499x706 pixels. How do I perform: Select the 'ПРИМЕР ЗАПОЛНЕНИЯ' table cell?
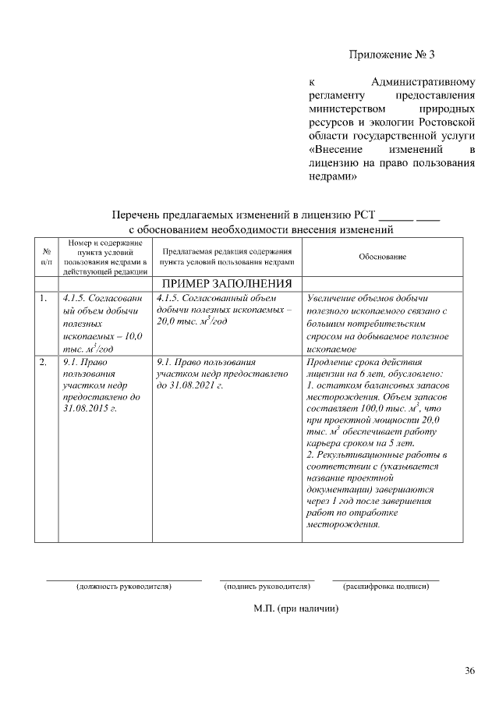(227, 283)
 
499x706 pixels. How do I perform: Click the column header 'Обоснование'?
(382, 257)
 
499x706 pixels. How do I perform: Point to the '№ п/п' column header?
(47, 257)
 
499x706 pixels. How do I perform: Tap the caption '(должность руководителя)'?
(123, 585)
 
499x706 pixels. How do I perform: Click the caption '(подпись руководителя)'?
(267, 585)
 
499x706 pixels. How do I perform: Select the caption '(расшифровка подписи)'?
(386, 585)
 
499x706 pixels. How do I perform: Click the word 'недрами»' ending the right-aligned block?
(334, 177)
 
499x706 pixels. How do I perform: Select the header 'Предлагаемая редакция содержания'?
(227, 252)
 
